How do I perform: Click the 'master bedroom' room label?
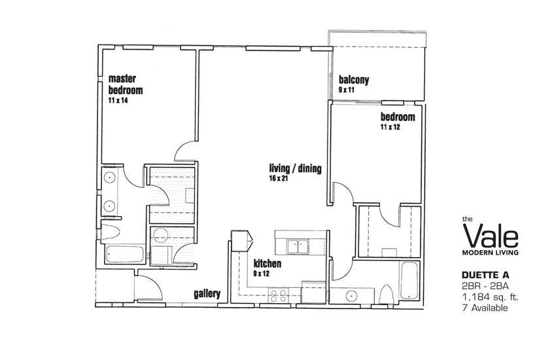coord(126,84)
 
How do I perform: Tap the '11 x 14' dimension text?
coord(118,100)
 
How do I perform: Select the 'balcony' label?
coord(353,80)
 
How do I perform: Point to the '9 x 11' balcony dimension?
coord(347,90)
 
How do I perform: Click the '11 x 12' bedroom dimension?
coord(390,127)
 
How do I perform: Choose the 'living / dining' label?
coord(296,168)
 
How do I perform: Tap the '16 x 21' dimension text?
coord(279,179)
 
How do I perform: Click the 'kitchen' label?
coord(268,264)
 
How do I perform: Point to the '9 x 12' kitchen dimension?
coord(262,274)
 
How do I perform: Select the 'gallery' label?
coord(207,294)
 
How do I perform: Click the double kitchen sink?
coord(298,247)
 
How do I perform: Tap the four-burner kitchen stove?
coord(279,295)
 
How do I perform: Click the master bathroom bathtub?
coord(125,255)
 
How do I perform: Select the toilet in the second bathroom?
coord(387,295)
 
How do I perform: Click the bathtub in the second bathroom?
coord(409,281)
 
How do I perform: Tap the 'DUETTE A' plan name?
coord(485,275)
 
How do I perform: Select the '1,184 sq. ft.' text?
coord(490,297)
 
